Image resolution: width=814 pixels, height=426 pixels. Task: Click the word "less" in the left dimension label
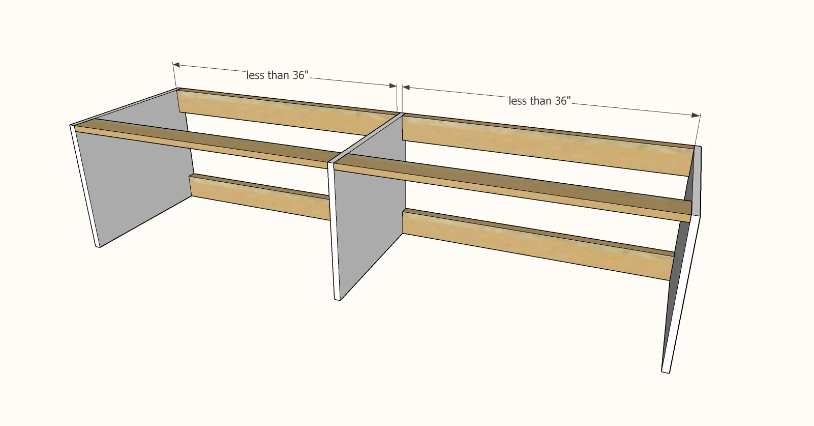256,75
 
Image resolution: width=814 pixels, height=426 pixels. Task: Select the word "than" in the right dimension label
540,101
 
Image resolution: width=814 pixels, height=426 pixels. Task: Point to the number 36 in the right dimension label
560,101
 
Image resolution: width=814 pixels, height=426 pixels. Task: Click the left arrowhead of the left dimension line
176,65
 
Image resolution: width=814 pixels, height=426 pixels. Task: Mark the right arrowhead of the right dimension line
697,116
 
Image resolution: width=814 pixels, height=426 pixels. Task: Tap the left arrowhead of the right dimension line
406,88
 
